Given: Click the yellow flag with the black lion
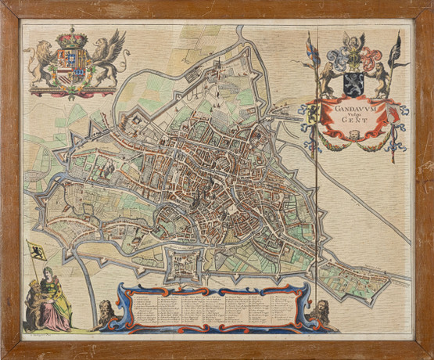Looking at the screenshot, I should pyautogui.click(x=36, y=251).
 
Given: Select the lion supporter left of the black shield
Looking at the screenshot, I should pyautogui.click(x=328, y=77).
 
